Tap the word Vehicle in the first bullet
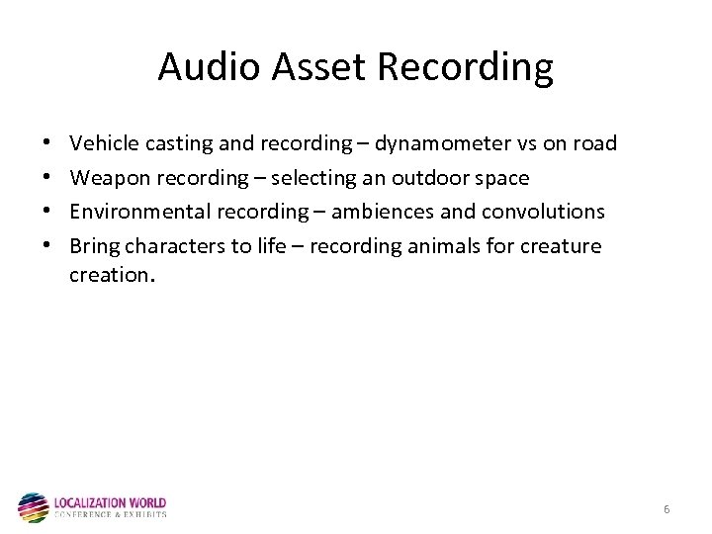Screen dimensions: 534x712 (x=104, y=144)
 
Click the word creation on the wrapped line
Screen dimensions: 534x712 (x=109, y=276)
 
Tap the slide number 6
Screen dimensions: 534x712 (x=667, y=509)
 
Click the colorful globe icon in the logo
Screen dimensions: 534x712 (x=33, y=506)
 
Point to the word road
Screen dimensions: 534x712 (x=594, y=144)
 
